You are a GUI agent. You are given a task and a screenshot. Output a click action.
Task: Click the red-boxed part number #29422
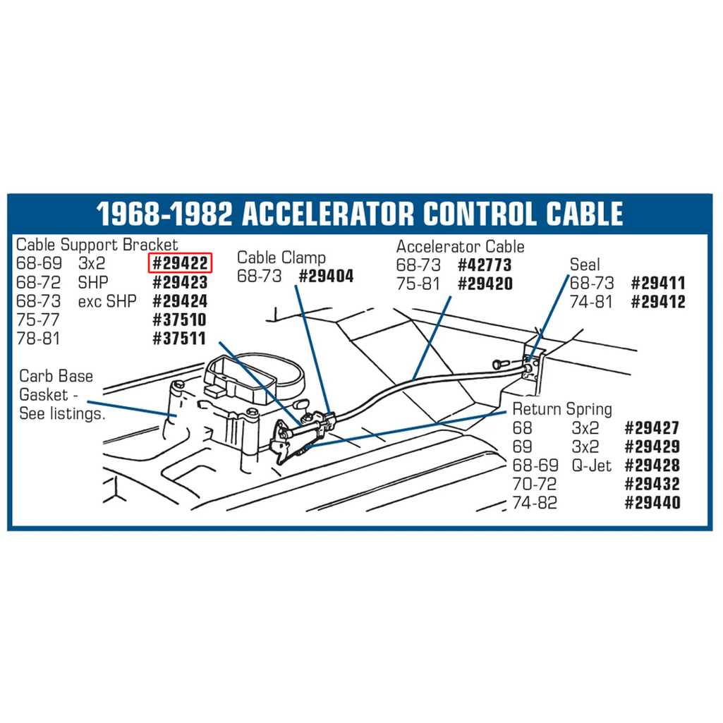point(180,263)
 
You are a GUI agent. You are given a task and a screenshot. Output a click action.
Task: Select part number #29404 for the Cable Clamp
point(327,277)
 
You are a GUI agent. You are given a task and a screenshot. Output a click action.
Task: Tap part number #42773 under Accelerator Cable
point(485,265)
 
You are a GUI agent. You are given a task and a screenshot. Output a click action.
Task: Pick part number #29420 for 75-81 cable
point(485,284)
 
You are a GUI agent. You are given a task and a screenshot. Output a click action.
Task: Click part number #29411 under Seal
point(658,283)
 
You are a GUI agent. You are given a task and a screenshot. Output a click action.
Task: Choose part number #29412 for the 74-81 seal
point(658,302)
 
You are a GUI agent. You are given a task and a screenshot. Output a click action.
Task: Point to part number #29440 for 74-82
point(652,503)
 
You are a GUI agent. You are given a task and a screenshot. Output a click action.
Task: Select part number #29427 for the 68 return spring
point(652,428)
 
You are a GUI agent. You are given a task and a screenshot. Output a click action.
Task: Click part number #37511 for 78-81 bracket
point(179,339)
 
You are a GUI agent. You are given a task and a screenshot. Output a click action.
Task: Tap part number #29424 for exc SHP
point(180,301)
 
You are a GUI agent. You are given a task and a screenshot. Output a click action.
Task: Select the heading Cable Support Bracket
point(97,244)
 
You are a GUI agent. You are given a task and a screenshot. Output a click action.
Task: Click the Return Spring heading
point(562,409)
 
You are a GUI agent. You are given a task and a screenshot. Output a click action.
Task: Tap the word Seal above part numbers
point(585,265)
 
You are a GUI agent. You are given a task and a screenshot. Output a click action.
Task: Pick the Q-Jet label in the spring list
point(592,466)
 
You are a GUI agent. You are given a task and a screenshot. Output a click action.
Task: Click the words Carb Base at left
point(56,376)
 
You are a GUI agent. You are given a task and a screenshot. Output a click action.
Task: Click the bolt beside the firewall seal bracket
point(500,364)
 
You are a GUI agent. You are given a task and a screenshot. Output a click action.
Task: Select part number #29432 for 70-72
point(652,484)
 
